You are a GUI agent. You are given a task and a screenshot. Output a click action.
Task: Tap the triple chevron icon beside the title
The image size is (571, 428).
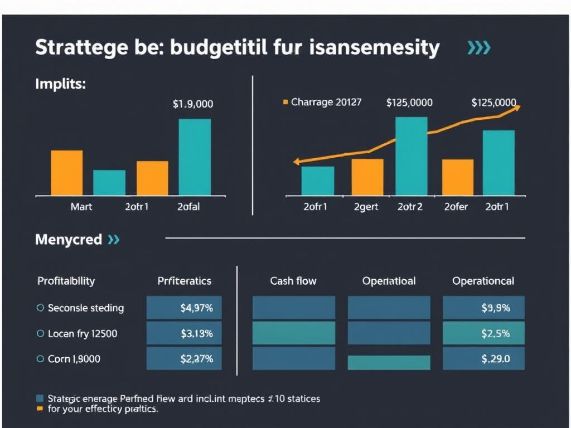coord(478,48)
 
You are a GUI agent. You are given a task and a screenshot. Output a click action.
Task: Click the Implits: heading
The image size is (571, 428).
coord(60,84)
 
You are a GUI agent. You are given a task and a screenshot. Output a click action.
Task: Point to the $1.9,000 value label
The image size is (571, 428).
coord(193,104)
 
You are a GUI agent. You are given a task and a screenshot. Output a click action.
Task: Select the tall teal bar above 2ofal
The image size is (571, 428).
coord(195,157)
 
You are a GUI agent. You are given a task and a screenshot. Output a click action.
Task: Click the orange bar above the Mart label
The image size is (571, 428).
coord(67,172)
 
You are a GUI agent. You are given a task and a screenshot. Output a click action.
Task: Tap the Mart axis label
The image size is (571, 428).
coord(81,206)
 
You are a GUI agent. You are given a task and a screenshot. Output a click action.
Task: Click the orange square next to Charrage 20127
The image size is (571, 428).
coord(286,103)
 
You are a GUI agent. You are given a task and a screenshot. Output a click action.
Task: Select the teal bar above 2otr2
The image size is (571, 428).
coord(411,156)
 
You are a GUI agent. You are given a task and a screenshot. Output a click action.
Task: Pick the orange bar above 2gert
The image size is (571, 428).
coord(367,177)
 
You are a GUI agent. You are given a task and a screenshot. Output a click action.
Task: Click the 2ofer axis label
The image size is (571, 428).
coord(456,206)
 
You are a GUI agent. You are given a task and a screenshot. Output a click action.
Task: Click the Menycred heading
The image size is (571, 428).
coord(68,240)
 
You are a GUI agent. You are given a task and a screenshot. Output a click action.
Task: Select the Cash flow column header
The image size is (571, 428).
coord(293,281)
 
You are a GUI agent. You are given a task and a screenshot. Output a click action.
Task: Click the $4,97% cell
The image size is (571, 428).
coord(184,308)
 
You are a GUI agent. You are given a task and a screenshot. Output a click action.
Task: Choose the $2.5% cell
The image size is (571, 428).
coord(483,333)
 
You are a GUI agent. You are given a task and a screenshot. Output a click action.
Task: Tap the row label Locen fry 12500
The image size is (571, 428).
coord(83,333)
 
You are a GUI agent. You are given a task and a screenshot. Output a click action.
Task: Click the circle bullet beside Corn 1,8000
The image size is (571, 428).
coord(40,359)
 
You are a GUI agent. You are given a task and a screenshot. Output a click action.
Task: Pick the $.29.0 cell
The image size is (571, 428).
coord(483,359)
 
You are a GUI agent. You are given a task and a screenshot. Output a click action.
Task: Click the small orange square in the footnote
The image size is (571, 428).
coord(39,408)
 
